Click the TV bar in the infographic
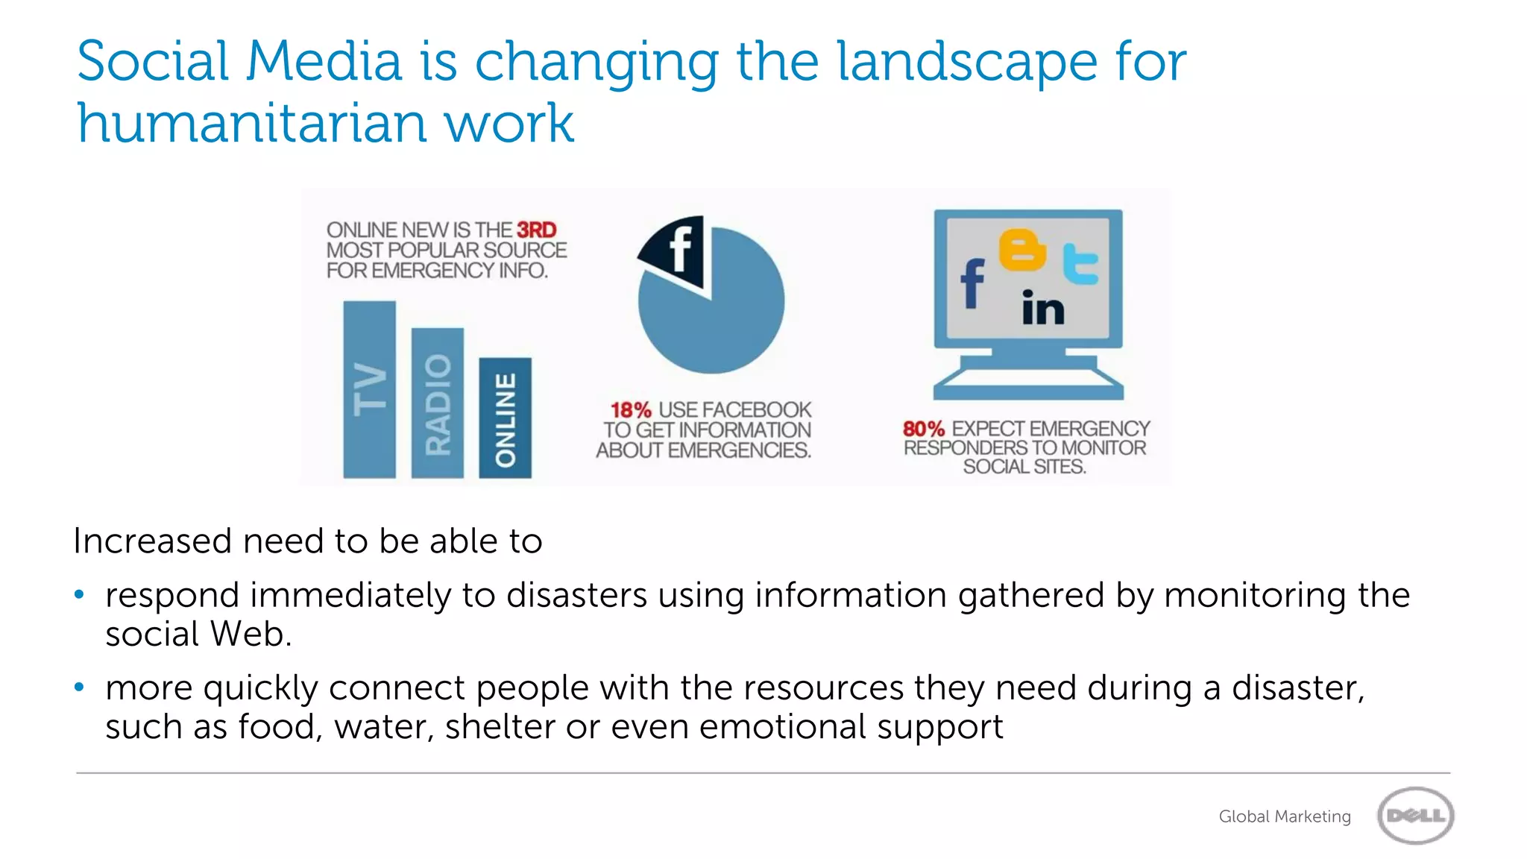coord(369,389)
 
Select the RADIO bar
coord(438,403)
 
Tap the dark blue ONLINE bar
coord(505,418)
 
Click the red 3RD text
coord(536,230)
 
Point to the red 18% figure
coord(630,410)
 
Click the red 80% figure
coord(923,429)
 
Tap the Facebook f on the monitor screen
coord(972,283)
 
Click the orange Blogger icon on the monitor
coord(1021,250)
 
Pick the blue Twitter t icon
coord(1080,265)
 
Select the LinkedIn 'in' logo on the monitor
coord(1042,307)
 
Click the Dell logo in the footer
coord(1415,816)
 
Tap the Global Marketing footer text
coord(1284,816)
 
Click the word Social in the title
coord(153,61)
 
